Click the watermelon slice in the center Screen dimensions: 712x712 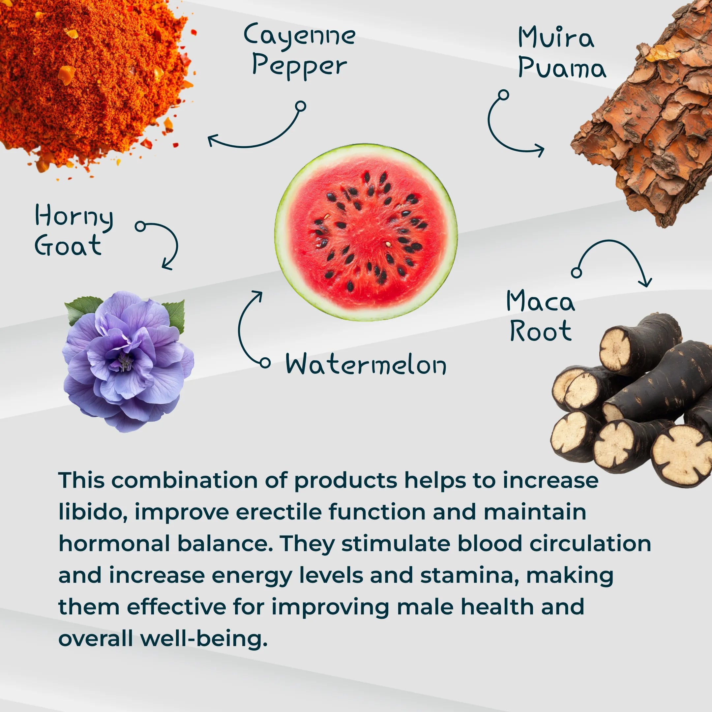[x=366, y=232]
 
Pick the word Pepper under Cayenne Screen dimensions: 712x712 [x=299, y=66]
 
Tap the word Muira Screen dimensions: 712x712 [x=556, y=38]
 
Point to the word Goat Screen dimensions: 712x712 [x=68, y=245]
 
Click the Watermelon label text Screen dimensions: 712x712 [x=366, y=364]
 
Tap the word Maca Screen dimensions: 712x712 [x=540, y=301]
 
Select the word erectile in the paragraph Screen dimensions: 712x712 [x=279, y=512]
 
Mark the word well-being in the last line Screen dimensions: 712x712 [x=203, y=639]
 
